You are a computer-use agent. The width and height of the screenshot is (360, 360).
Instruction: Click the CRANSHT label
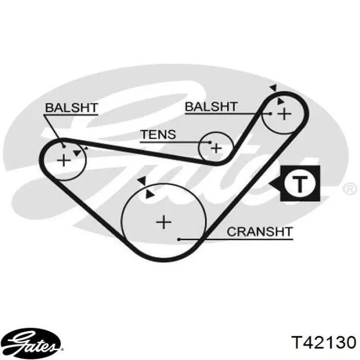coord(260,231)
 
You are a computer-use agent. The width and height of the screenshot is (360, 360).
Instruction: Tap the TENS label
coord(158,134)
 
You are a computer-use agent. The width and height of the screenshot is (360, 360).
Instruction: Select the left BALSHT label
coord(71,107)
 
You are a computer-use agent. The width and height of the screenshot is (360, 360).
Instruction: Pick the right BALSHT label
coord(211,106)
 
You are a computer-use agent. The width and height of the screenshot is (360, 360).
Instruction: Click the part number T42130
coord(323,343)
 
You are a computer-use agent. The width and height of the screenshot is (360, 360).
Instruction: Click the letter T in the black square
coord(300,184)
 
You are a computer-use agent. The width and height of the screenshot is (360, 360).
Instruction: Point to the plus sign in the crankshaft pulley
coord(164,222)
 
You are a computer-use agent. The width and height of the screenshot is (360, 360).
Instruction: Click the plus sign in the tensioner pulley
coord(216,148)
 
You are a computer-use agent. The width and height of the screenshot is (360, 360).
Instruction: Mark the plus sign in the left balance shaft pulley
coord(64,160)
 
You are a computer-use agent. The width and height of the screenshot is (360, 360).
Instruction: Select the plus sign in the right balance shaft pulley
coord(284,114)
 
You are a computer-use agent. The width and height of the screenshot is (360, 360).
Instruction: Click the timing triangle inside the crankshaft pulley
coord(150,195)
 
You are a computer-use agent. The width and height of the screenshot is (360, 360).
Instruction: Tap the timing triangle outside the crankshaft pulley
coord(142,181)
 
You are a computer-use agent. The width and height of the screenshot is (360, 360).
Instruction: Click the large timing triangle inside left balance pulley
coord(77,153)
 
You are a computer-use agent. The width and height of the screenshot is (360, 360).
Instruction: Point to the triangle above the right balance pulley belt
coord(274,87)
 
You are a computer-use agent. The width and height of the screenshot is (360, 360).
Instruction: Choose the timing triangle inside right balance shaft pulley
coord(280,101)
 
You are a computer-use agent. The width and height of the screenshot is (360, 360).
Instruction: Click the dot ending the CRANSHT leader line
coord(179,240)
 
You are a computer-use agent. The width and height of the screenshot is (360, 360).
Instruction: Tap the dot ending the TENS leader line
coord(210,142)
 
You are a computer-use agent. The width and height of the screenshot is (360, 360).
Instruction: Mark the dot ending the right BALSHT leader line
coord(271,114)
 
